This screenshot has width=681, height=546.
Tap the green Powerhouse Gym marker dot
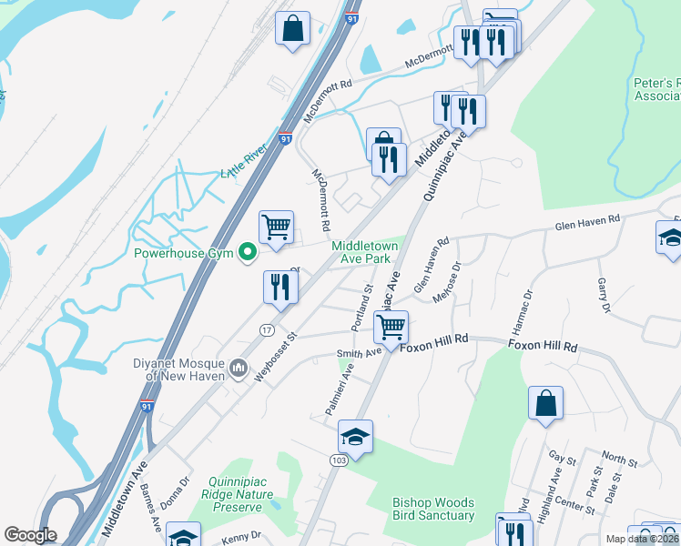(246, 254)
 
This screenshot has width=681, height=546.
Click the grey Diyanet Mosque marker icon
(239, 368)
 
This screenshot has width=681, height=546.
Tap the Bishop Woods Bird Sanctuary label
(433, 509)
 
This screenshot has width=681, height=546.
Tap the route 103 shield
(338, 461)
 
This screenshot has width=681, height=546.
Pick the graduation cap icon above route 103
(356, 437)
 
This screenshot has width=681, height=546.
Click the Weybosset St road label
(280, 350)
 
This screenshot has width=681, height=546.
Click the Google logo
(30, 535)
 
